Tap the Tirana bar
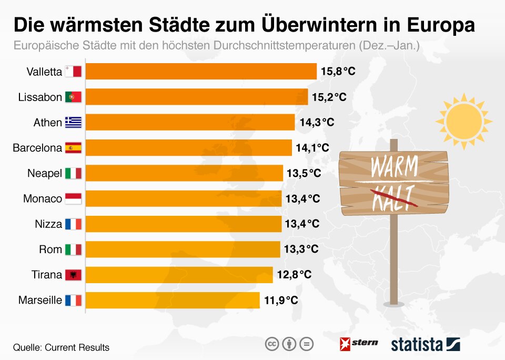point(179,275)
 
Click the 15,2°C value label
point(329,97)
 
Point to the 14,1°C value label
point(312,148)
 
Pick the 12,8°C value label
point(294,275)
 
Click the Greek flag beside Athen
point(73,123)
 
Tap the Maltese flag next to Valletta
point(73,72)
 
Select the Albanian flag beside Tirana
point(73,275)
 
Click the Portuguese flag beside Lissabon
point(73,97)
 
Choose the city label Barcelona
point(37,148)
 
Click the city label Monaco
point(43,199)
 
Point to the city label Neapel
point(45,174)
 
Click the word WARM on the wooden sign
point(394,167)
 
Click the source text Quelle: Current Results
point(61,347)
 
